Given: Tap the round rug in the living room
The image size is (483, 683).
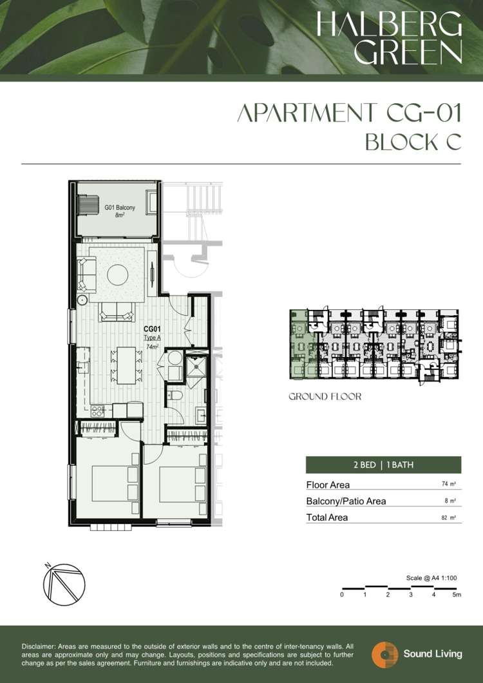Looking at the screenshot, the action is coord(118,275).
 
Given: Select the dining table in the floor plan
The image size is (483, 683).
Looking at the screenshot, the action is coord(126,365).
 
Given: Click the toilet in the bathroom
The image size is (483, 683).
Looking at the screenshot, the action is coord(176,396).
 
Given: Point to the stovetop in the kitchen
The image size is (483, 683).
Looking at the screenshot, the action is coord(97,410).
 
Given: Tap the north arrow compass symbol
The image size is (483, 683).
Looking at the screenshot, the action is coord(64,584).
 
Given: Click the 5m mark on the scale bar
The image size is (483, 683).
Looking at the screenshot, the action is coord(457,595).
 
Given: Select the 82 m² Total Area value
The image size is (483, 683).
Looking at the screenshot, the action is coord(450,518).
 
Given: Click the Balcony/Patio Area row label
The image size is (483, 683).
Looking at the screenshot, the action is coord(346,501).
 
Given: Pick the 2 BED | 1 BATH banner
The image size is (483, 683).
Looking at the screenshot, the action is coord(383,465).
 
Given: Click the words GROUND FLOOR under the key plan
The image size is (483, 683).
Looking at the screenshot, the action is coord(325,396).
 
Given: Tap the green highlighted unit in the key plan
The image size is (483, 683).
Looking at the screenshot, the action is coord(303,343).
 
